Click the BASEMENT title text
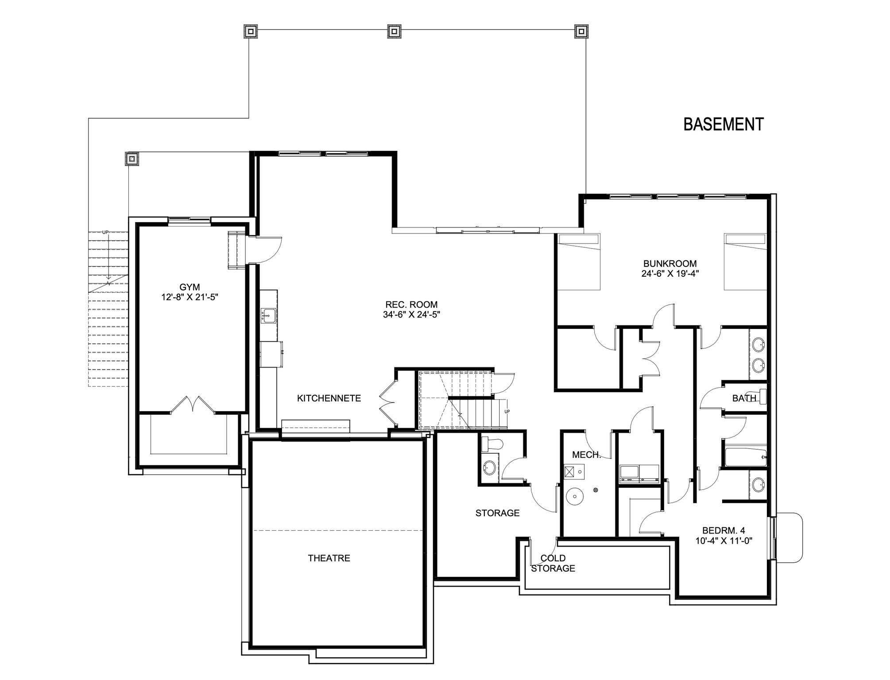[x=723, y=124]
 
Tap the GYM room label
[x=190, y=287]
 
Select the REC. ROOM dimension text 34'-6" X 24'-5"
[x=411, y=315]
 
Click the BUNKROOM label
[x=670, y=263]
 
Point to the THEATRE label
[x=329, y=558]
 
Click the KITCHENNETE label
[x=329, y=398]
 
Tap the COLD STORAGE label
[x=553, y=563]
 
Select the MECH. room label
[x=586, y=455]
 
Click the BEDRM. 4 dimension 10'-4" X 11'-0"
[x=724, y=541]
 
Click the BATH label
[x=744, y=398]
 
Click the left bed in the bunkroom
[x=579, y=262]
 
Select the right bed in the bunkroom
[x=745, y=262]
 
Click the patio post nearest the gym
[x=132, y=158]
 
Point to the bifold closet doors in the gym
[x=193, y=404]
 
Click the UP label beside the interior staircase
[x=507, y=411]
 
